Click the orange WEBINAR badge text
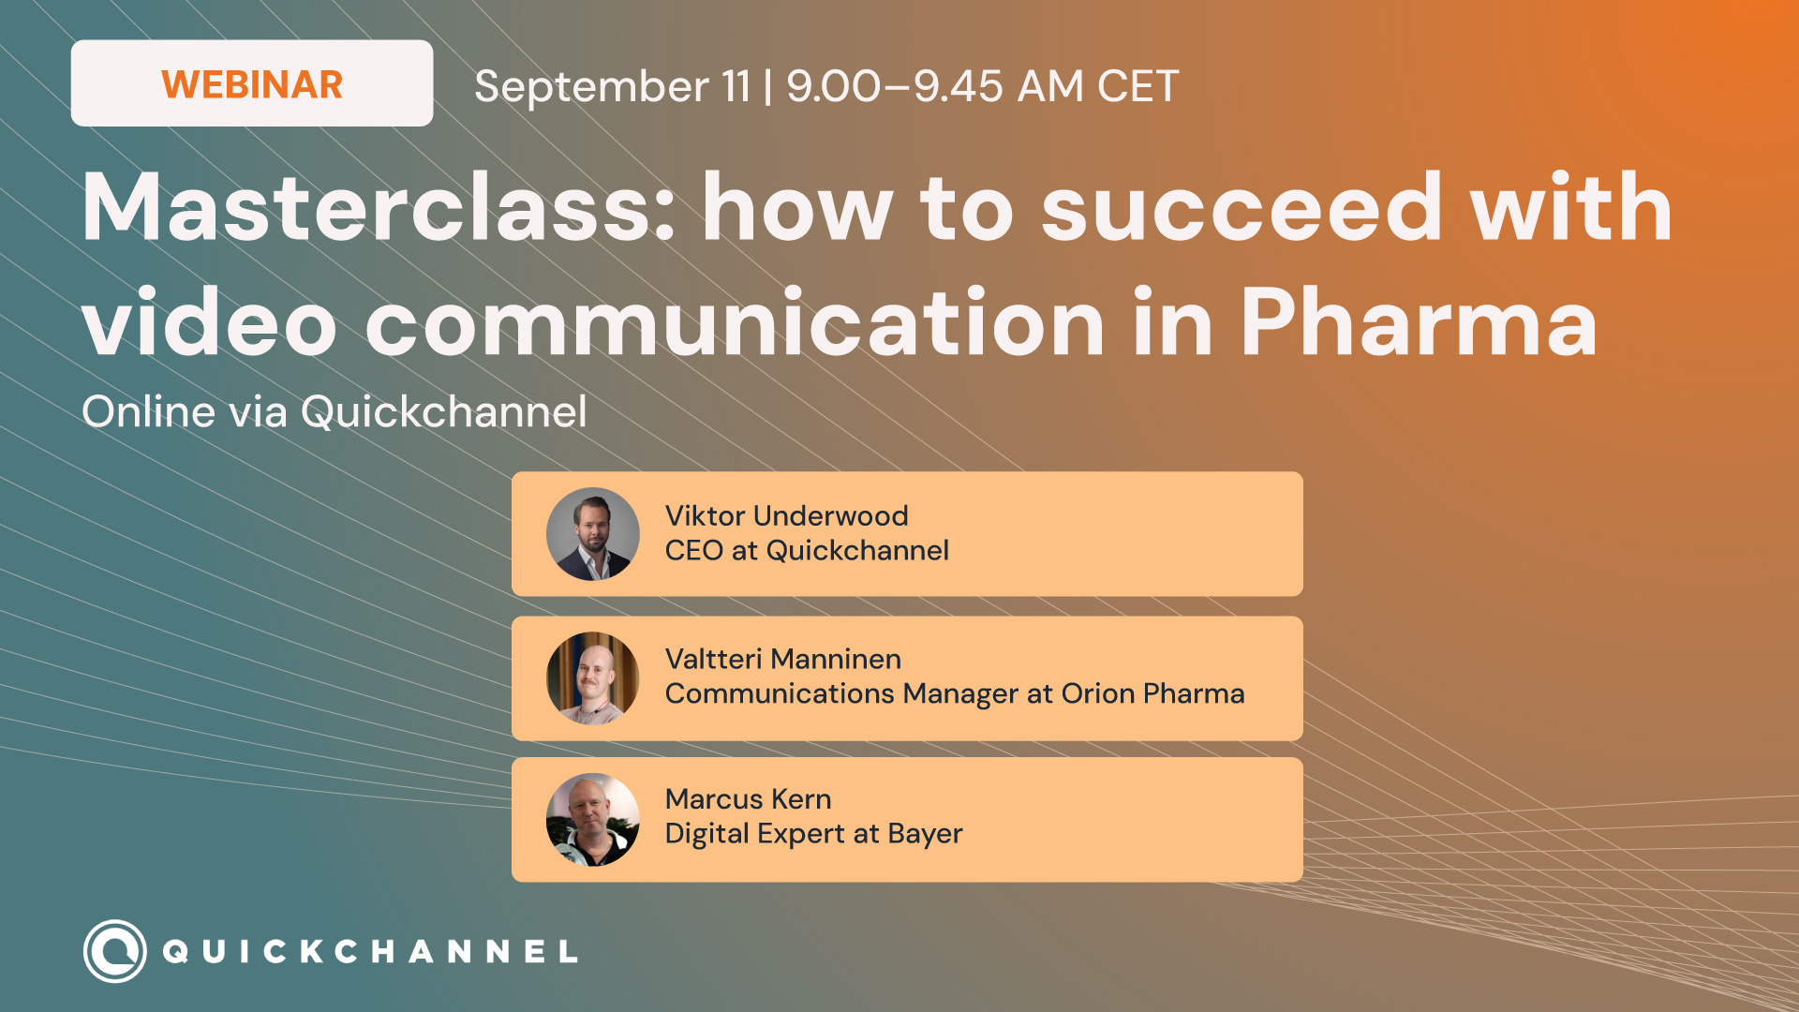(x=252, y=84)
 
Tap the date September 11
(x=613, y=86)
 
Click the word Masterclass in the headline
(x=379, y=207)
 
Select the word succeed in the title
(x=1241, y=207)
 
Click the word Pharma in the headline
(x=1420, y=322)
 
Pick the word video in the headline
(x=209, y=322)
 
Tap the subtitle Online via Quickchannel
(x=335, y=411)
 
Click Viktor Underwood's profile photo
(x=593, y=534)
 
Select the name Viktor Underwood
(x=786, y=515)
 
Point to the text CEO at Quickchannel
(x=807, y=550)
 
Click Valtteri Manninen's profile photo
(x=593, y=678)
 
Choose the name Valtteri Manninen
(x=783, y=659)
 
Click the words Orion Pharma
(x=1152, y=693)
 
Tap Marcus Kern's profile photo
(x=593, y=820)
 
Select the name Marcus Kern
(x=748, y=799)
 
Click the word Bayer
(x=925, y=834)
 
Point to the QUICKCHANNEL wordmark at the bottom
(x=370, y=952)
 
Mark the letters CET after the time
(x=1137, y=86)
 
